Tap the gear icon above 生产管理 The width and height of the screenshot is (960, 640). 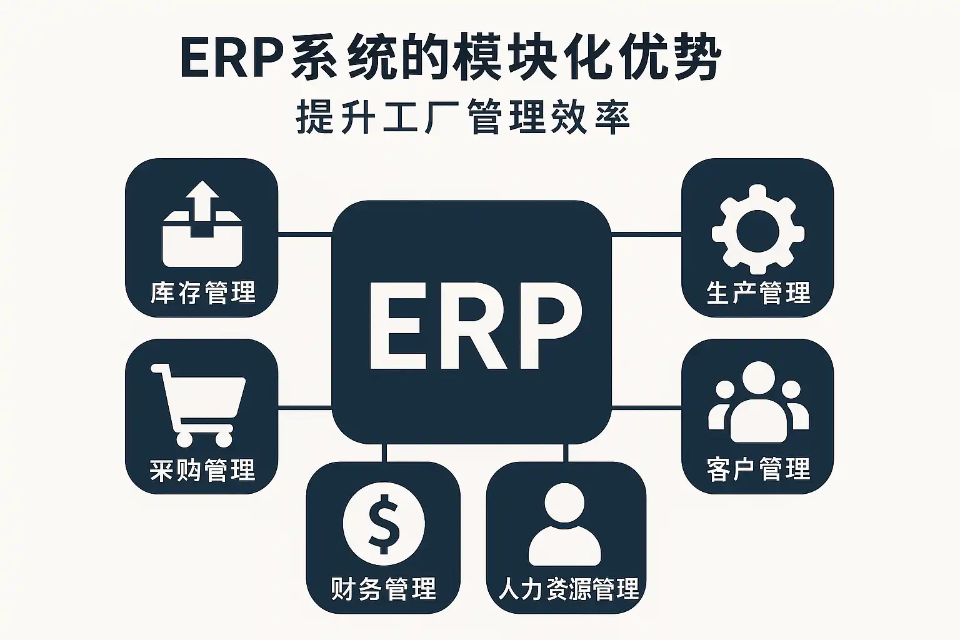(x=757, y=229)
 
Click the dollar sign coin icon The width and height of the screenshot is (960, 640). (x=384, y=524)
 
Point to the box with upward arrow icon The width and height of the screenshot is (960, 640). (x=202, y=224)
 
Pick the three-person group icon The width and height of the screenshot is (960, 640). (x=758, y=403)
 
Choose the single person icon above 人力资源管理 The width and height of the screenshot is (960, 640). (x=564, y=525)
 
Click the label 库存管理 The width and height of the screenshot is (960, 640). (x=202, y=292)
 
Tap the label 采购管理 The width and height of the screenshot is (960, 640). (x=202, y=470)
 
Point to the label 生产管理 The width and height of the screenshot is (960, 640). (x=758, y=292)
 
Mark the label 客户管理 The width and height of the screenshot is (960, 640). (x=758, y=469)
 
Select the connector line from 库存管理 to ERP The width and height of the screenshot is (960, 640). (x=304, y=235)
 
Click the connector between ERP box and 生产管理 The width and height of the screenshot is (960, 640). (x=646, y=235)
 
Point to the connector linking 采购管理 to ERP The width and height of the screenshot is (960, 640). (x=304, y=408)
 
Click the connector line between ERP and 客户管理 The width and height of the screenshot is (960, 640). (x=646, y=407)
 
